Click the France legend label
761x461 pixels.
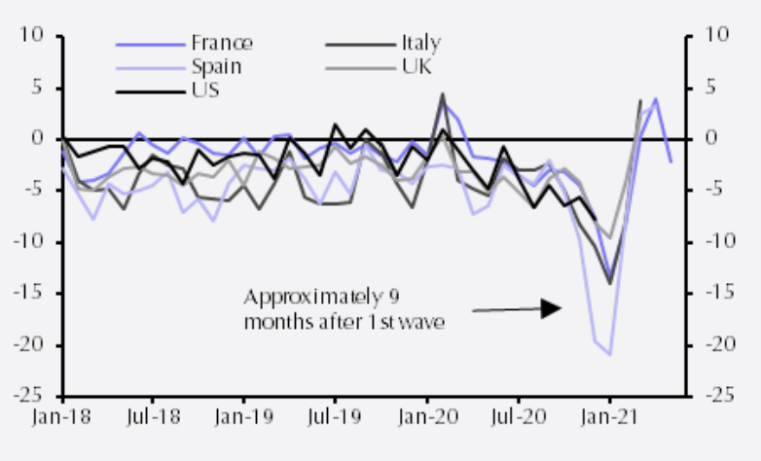(222, 43)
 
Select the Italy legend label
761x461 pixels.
(420, 43)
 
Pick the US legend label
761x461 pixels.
(205, 91)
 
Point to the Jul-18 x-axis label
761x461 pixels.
(153, 417)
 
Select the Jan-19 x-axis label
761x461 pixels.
(243, 417)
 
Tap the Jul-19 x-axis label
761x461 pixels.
(335, 417)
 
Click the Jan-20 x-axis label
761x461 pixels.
(426, 417)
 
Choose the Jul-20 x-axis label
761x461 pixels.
(517, 417)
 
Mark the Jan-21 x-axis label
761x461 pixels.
(609, 417)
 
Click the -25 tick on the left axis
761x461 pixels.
(32, 398)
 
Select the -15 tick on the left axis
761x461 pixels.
(32, 295)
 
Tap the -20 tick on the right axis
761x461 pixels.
(720, 346)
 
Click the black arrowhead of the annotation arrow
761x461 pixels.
(552, 308)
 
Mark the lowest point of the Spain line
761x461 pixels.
(610, 355)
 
